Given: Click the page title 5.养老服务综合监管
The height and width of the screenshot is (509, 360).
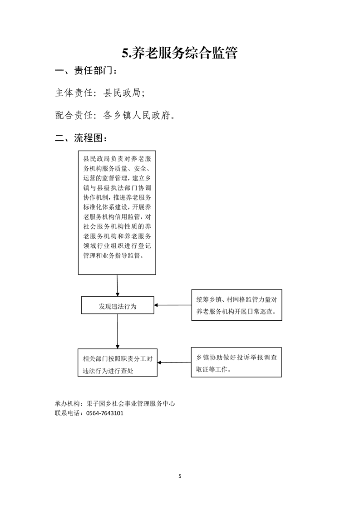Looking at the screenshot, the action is click(x=180, y=53).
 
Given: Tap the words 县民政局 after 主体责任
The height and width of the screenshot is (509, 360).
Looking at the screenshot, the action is click(x=122, y=93).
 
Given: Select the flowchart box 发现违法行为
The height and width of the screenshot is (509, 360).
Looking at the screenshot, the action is click(x=118, y=305).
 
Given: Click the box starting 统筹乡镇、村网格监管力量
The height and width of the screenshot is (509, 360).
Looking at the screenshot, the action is click(x=237, y=305).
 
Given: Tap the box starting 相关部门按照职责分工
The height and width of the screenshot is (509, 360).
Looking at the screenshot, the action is click(x=118, y=362).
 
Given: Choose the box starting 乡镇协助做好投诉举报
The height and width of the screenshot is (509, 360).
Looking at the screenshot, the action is click(x=236, y=362).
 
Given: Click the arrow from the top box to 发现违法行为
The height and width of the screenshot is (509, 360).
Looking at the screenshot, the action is click(x=117, y=285).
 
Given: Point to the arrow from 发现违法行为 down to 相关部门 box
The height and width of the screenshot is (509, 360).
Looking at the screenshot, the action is click(x=118, y=331).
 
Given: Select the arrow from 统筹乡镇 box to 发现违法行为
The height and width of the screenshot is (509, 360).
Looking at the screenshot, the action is click(x=173, y=305).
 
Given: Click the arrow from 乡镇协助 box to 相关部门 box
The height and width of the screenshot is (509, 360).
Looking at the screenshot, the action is click(x=174, y=362).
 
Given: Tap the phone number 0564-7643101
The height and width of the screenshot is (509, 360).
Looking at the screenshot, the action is click(x=104, y=413).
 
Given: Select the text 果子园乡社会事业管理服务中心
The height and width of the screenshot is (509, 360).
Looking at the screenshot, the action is click(x=131, y=404).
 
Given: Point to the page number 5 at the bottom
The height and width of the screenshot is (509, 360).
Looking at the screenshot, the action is click(x=180, y=476).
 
